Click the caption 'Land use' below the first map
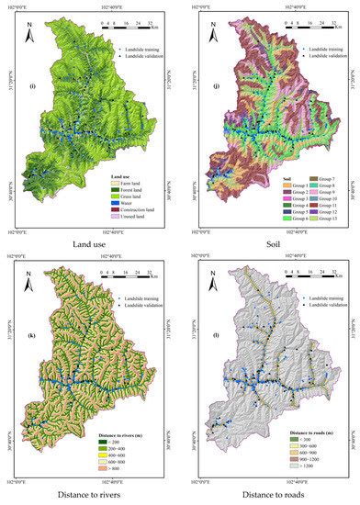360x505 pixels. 90,244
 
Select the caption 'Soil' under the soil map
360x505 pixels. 270,244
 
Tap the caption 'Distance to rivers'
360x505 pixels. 90,495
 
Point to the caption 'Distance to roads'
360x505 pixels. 270,495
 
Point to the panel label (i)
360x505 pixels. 33,86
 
